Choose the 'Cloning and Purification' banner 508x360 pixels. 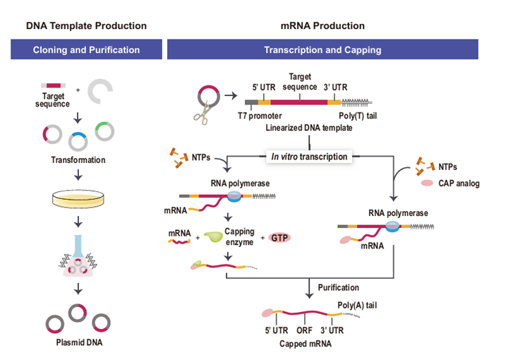86,50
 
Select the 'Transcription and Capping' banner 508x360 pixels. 322,50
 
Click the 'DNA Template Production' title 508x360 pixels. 86,26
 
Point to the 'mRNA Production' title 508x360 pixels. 322,26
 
